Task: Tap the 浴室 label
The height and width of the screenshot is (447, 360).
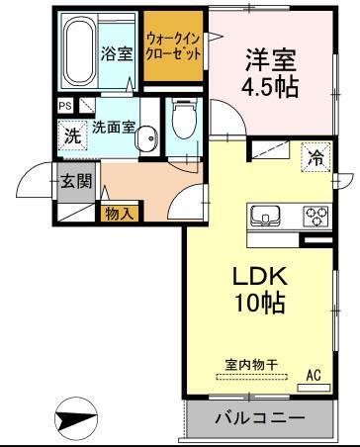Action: click(118, 53)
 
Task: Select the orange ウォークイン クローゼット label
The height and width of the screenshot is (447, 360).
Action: click(173, 46)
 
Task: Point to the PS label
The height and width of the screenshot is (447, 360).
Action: click(65, 106)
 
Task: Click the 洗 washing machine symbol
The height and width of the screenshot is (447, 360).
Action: click(72, 136)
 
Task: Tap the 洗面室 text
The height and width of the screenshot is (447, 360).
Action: click(114, 128)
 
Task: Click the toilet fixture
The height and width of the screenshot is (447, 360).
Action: click(182, 122)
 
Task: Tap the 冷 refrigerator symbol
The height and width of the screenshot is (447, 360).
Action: click(315, 156)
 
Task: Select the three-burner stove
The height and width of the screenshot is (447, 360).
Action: click(315, 215)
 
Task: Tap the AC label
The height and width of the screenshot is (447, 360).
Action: click(314, 375)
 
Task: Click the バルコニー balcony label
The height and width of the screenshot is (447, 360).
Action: click(260, 418)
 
